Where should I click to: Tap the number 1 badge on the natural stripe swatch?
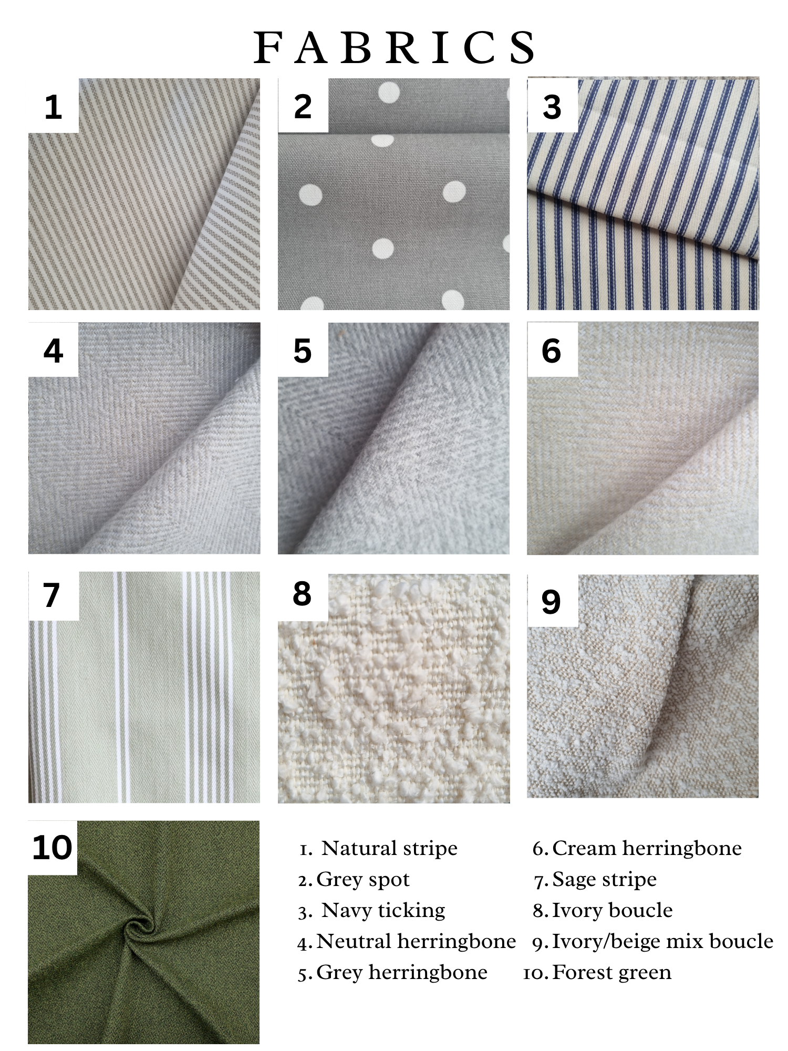click(53, 106)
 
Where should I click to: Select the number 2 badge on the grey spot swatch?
click(303, 106)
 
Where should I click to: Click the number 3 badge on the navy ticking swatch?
click(552, 106)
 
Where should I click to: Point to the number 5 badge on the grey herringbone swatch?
click(303, 350)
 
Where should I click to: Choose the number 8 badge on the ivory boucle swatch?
click(303, 594)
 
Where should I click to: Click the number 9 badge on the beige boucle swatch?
click(551, 601)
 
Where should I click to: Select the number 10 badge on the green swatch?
click(52, 847)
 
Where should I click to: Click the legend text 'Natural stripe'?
click(389, 848)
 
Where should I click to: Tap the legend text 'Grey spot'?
click(363, 879)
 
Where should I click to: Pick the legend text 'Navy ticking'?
click(383, 910)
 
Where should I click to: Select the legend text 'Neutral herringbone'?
click(417, 941)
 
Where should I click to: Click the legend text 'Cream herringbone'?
click(647, 848)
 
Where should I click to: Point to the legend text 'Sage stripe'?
click(605, 879)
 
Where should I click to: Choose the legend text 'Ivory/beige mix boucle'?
click(663, 941)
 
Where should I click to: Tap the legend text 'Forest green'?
click(612, 972)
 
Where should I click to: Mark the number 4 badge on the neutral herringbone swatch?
click(53, 350)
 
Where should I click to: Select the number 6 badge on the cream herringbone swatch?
click(552, 350)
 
